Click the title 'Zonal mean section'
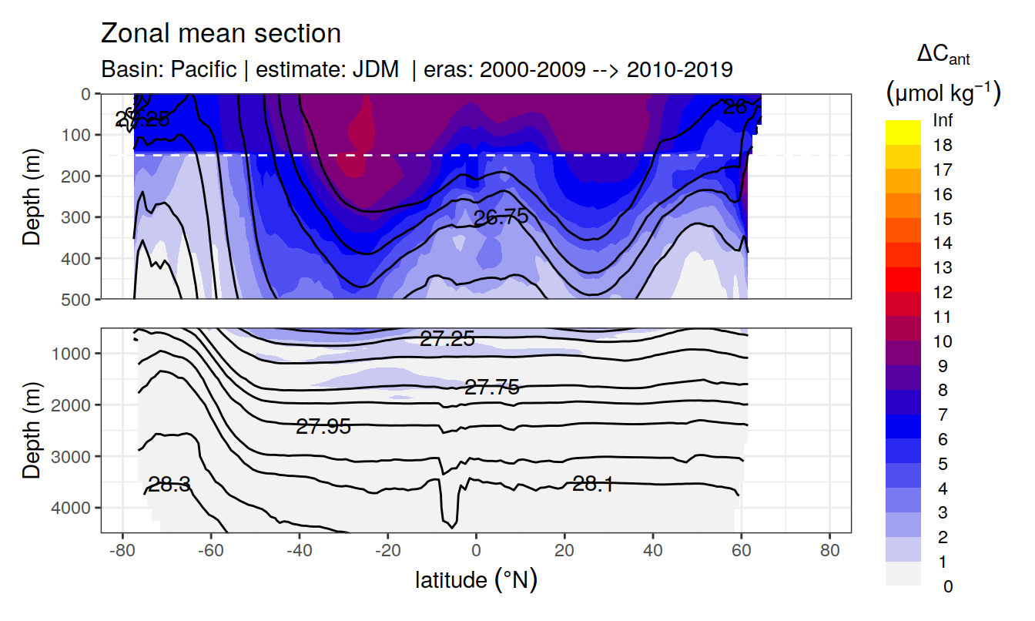click(221, 34)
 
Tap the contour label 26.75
click(501, 217)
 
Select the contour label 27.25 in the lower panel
click(447, 338)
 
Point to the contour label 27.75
click(491, 388)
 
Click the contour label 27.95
click(323, 426)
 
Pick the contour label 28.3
click(169, 485)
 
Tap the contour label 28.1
click(593, 484)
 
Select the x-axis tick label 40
click(653, 552)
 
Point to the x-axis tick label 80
click(829, 552)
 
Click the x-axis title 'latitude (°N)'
click(476, 579)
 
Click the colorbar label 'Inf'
click(943, 121)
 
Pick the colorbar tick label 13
click(943, 268)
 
